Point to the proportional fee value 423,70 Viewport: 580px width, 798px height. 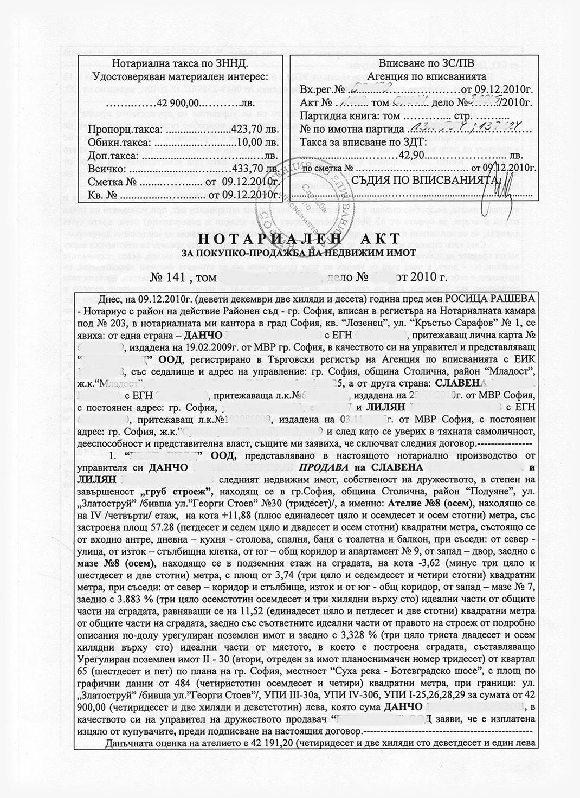[x=248, y=131]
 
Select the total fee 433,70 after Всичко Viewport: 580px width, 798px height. [x=248, y=169]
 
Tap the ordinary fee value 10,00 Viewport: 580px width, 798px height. [x=252, y=143]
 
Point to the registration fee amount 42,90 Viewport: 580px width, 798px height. [x=410, y=155]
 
